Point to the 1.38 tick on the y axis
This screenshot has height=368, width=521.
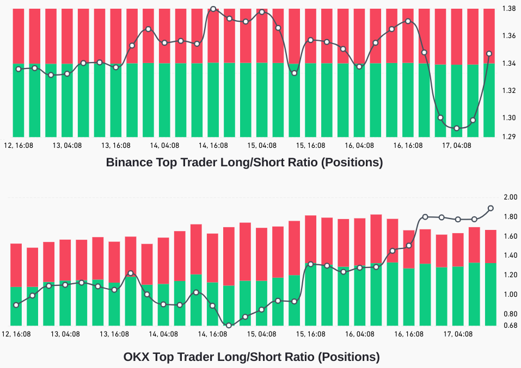(x=509, y=9)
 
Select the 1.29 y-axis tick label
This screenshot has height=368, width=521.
(x=509, y=136)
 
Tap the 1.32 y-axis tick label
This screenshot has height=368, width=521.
(x=509, y=90)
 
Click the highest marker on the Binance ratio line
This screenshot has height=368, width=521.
(x=213, y=9)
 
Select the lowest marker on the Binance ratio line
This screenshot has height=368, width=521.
(x=457, y=128)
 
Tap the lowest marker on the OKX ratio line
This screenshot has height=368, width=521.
(x=229, y=326)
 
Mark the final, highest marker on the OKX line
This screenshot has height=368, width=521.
(x=491, y=208)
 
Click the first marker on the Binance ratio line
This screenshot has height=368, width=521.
(x=19, y=69)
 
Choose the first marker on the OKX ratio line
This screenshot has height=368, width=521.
(x=16, y=305)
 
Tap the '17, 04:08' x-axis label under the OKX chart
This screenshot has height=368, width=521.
(x=458, y=334)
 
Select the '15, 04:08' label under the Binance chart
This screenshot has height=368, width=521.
(x=262, y=146)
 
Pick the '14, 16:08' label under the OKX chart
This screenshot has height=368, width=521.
(x=213, y=334)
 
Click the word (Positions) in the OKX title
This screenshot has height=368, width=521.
(x=349, y=357)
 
